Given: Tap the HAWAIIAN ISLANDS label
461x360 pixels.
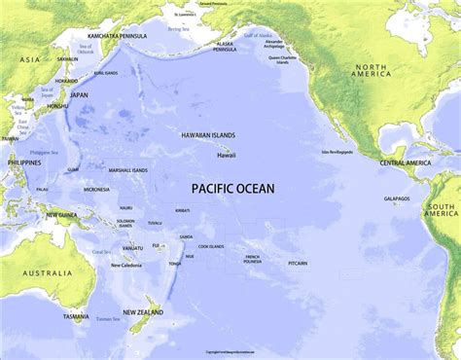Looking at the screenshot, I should click(208, 135).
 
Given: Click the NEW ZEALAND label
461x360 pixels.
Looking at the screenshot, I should click(142, 312).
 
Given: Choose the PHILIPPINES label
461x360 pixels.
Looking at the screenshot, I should click(24, 162).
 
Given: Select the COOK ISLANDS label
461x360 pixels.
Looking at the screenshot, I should click(210, 246).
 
